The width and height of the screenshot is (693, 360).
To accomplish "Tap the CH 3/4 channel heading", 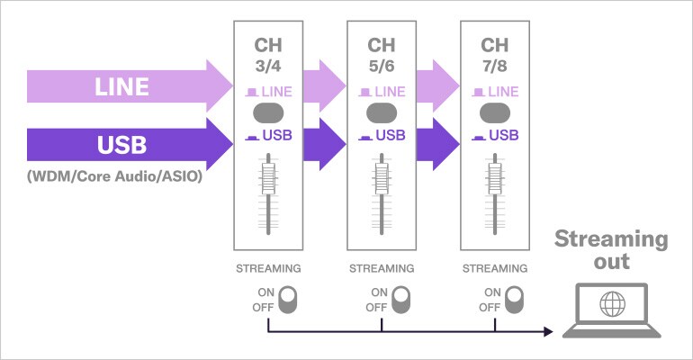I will tap(268, 53).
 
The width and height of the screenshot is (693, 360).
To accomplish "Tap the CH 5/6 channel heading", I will tap(382, 53).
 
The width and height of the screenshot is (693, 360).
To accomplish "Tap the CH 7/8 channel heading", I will tap(494, 53).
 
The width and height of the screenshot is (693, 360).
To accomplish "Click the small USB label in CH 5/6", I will tap(389, 136).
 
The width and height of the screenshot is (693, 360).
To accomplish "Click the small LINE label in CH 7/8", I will tap(501, 91).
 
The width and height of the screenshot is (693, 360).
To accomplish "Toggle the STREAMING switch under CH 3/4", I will tap(287, 300).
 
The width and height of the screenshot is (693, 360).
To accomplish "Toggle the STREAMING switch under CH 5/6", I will tap(400, 300).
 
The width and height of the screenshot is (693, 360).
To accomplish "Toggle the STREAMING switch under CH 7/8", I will tap(513, 300).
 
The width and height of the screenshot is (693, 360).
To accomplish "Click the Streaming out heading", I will tap(611, 250).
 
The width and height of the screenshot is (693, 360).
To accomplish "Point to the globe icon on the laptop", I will tap(612, 304).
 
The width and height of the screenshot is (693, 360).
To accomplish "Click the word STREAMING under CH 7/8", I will tap(494, 268).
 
